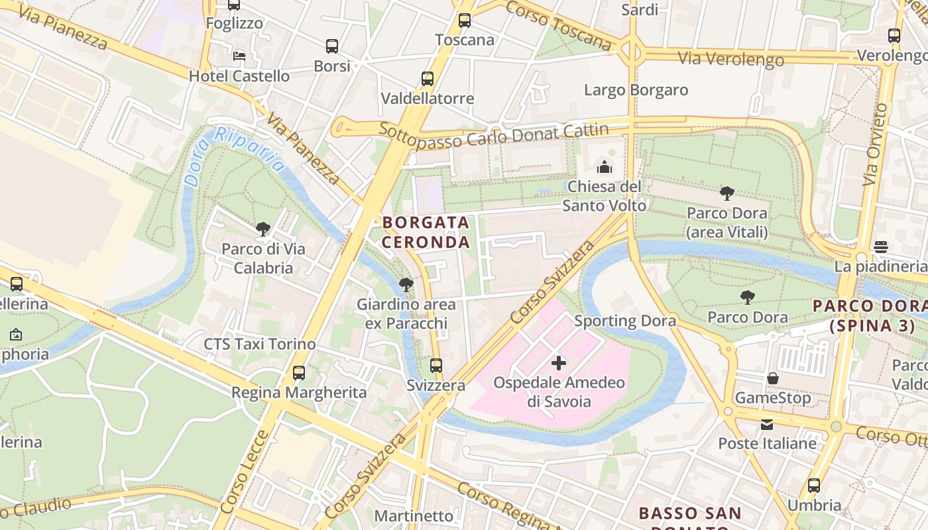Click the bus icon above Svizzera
pos(435,365)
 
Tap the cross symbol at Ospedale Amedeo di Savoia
pos(559,362)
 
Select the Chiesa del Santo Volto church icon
pos(605,167)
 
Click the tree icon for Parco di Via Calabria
pos(263,229)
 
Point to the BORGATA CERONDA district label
pos(426,232)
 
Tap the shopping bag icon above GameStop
pos(772,378)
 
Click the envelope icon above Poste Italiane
pos(767,424)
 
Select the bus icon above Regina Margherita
pos(299,372)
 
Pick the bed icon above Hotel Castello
pos(239,56)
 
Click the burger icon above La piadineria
pos(880,247)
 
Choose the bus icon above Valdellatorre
pos(428,79)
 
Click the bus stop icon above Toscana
pos(465,21)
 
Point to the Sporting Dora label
pos(625,321)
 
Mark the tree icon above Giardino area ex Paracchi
pos(406,285)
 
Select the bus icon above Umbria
pos(814,485)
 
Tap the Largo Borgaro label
pos(636,89)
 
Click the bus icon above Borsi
pos(332,46)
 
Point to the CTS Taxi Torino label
pos(259,344)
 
